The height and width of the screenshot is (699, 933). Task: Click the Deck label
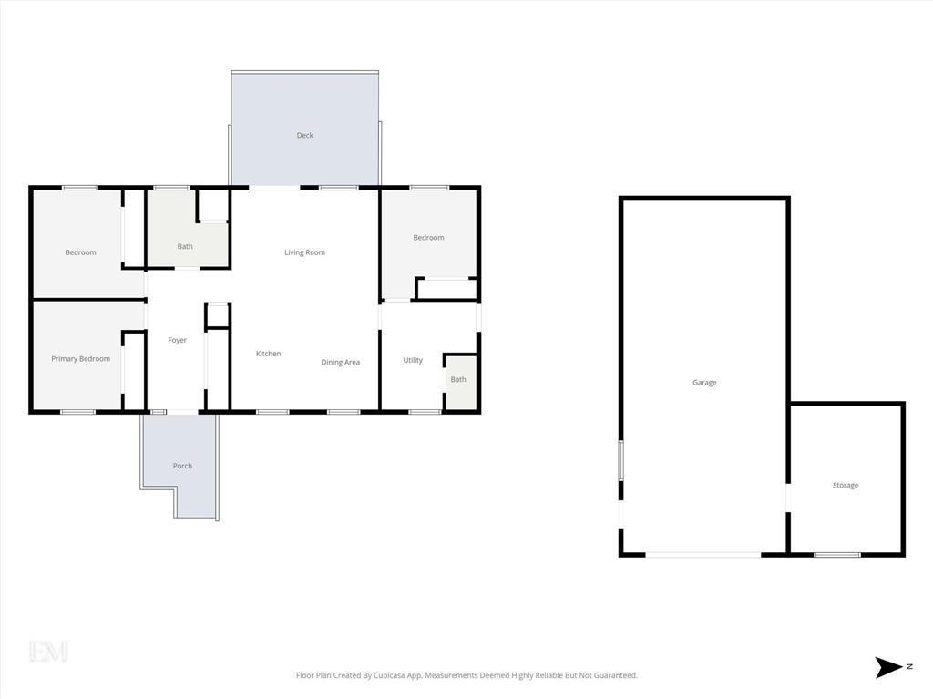[x=304, y=135]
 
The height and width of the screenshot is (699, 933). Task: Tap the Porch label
[x=182, y=466]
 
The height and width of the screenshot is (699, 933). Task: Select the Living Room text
[x=304, y=252]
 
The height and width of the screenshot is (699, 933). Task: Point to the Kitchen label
[x=269, y=354]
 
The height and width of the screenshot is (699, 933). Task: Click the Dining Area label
[x=341, y=362]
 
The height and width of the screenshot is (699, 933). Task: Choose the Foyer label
[x=178, y=340]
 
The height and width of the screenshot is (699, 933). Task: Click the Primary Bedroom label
[x=80, y=358]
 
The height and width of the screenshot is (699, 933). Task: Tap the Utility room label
[x=413, y=360]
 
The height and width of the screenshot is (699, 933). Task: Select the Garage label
[x=704, y=382]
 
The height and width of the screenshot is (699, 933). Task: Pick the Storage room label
[x=846, y=485]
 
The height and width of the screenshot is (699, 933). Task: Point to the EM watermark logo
[x=48, y=652]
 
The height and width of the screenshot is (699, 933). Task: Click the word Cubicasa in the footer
[x=389, y=675]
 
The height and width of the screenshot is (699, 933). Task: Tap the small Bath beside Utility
[x=458, y=379]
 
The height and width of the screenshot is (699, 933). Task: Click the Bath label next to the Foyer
[x=185, y=246]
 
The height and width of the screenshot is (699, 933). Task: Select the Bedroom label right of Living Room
[x=428, y=238]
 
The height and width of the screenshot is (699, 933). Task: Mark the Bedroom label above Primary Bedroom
[x=80, y=252]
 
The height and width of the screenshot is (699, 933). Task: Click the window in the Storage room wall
[x=837, y=555]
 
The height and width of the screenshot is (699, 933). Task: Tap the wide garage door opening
[x=703, y=555]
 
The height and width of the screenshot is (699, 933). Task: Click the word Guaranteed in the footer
[x=617, y=675]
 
